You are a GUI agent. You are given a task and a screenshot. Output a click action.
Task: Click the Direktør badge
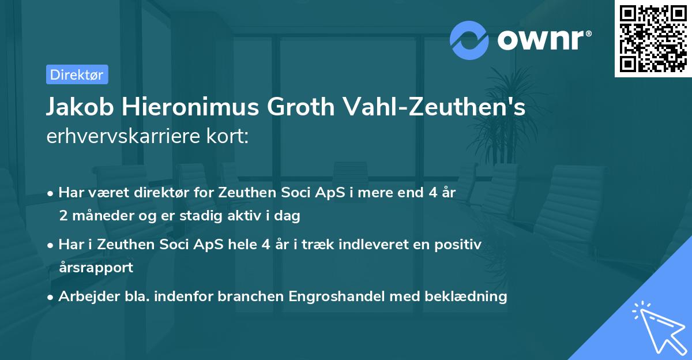point(77,74)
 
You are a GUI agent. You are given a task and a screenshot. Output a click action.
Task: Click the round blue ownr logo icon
point(470,40)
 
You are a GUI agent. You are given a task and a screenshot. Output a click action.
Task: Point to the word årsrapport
point(96,268)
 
